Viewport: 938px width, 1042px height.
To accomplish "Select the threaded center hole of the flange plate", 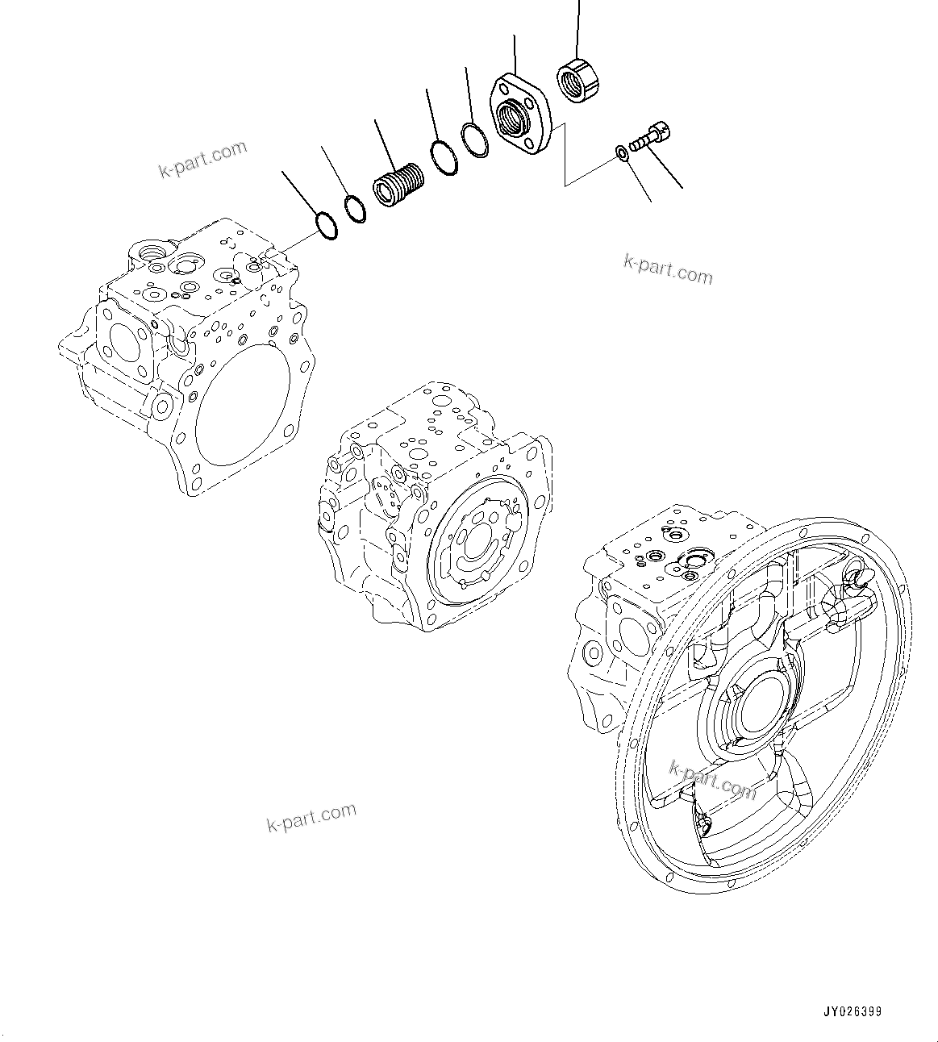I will coord(511,119).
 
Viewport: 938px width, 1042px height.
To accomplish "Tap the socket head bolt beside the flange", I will coord(651,135).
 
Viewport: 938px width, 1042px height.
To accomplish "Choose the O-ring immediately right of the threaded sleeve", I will coord(443,157).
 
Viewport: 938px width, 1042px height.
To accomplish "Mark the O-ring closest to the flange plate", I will coord(475,140).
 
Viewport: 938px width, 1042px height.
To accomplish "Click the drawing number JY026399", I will coord(853,1011).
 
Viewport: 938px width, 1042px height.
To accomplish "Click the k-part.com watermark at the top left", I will coord(202,159).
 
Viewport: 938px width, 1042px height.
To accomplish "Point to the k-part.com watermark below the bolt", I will coord(668,269).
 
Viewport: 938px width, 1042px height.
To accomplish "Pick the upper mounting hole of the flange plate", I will coord(507,84).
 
